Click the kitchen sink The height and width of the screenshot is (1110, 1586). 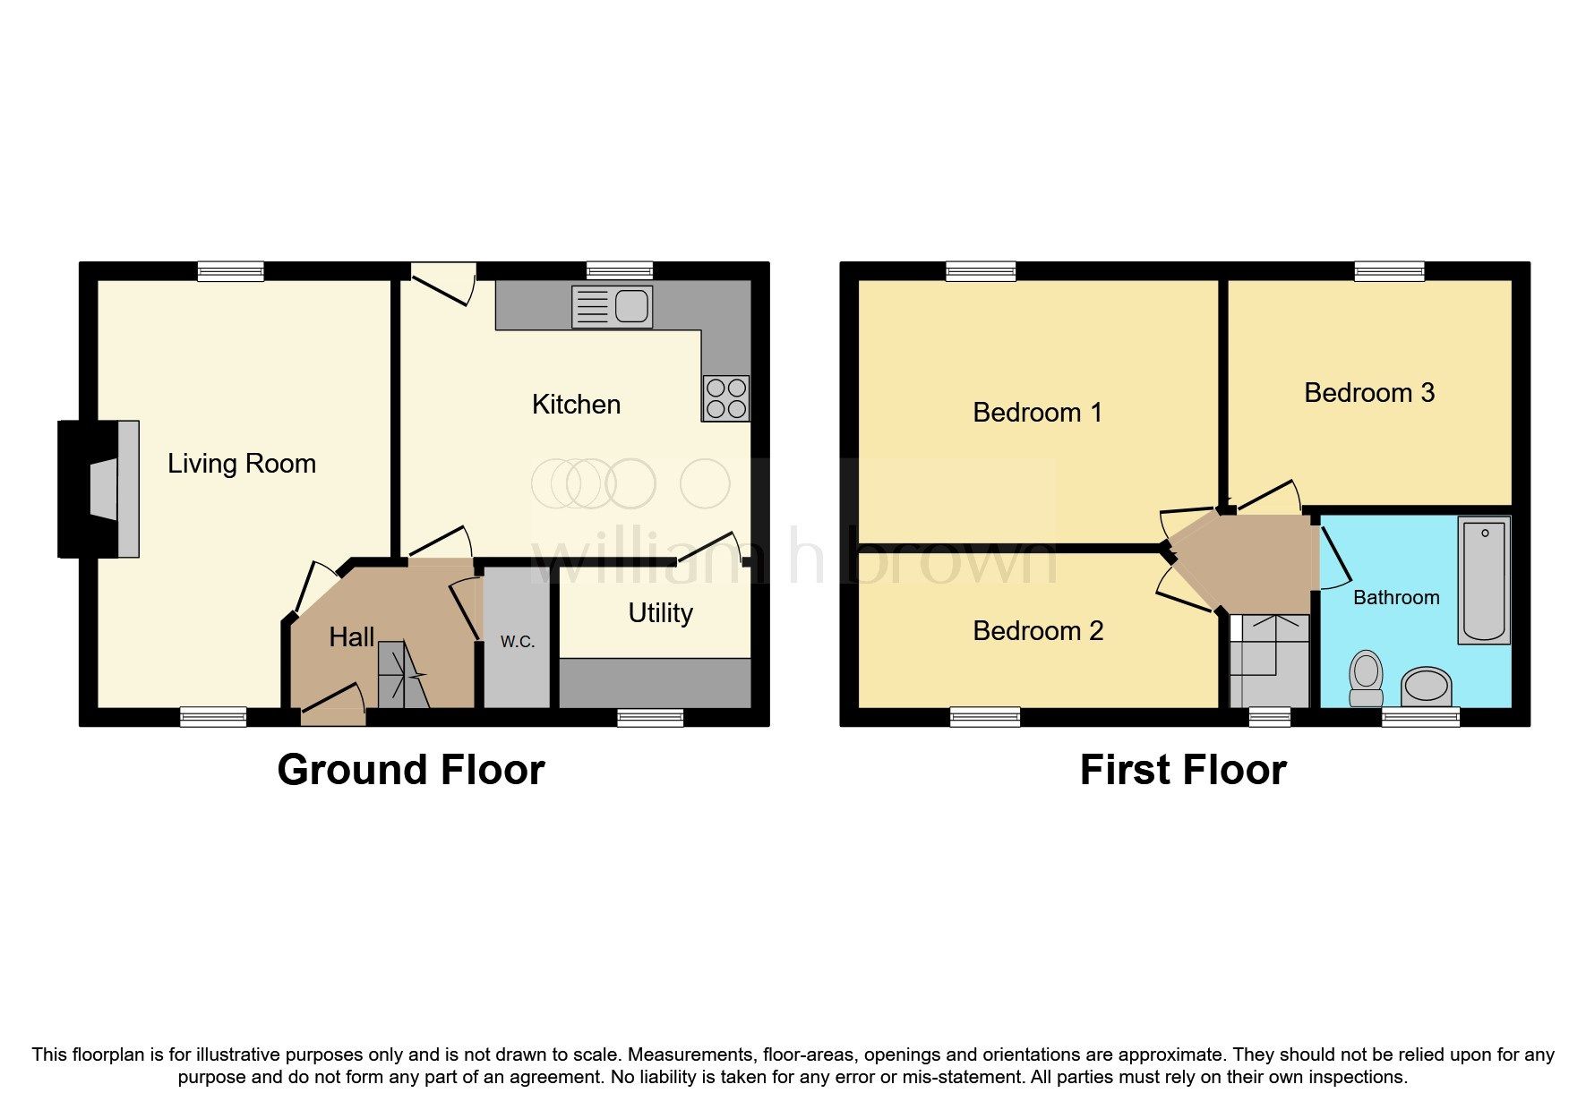point(613,307)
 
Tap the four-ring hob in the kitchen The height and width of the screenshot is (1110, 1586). point(725,398)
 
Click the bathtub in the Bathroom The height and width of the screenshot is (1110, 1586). point(1484,580)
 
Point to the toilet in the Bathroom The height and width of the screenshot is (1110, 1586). point(1366,678)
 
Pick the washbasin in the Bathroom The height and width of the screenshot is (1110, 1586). point(1427,687)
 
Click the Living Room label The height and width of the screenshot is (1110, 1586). point(242,464)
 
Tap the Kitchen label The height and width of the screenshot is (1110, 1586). point(576,405)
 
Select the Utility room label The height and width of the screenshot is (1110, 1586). point(660,613)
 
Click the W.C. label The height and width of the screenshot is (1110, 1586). point(518,641)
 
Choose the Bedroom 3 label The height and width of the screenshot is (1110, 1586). point(1369,393)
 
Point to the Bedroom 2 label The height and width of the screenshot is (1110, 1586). point(1038,631)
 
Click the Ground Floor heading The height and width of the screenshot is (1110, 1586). point(410,770)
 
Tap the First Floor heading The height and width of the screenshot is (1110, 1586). point(1183,770)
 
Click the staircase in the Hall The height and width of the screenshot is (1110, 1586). point(402,676)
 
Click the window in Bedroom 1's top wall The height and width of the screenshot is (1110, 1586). point(981,270)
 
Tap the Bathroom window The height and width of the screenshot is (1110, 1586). point(1420,716)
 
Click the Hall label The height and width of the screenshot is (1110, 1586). point(351,637)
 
